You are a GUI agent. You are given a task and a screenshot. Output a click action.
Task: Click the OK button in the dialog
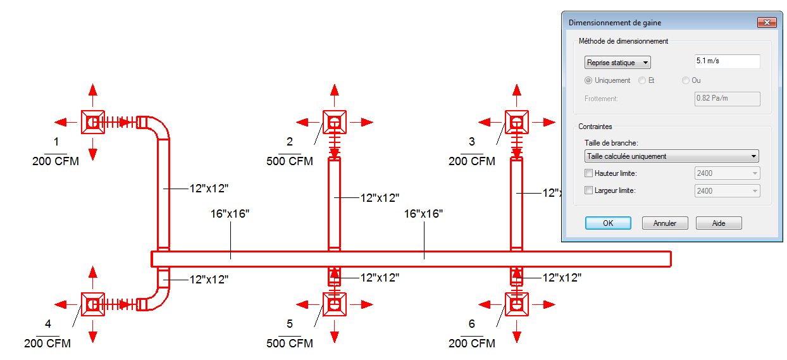coord(608,223)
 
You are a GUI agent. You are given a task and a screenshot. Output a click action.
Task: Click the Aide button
coord(719,223)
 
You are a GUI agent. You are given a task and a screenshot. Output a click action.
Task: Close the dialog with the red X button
coord(767,23)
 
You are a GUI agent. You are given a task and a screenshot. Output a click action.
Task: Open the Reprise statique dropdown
coord(617,63)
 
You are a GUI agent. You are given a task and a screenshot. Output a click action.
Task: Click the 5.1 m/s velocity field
coord(727,61)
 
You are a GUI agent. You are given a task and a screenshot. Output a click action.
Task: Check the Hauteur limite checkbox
coord(588,173)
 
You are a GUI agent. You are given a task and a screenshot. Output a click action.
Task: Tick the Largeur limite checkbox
coord(588,190)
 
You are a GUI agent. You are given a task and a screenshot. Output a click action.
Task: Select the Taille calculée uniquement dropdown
coord(671,156)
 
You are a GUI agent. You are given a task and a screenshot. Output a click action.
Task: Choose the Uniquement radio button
coord(588,80)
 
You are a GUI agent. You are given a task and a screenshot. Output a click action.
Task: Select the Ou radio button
coord(686,80)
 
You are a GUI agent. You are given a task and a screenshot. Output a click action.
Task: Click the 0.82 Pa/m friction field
coord(727,99)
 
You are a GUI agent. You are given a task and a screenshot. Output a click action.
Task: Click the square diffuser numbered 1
coord(93,122)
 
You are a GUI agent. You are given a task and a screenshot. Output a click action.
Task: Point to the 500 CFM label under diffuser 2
coord(290,161)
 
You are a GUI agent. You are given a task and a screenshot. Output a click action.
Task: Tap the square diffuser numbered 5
coord(335,304)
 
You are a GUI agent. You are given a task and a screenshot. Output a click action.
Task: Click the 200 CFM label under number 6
coord(471,343)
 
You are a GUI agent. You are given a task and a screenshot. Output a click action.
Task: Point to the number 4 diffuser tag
coord(48,323)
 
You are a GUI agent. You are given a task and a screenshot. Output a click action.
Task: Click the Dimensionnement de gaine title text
coord(615,23)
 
